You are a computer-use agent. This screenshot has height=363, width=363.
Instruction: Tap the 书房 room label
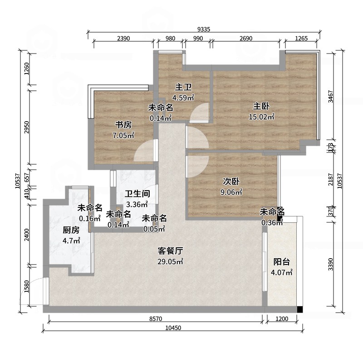pos(123,125)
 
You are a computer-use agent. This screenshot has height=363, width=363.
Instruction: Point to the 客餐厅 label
pos(170,251)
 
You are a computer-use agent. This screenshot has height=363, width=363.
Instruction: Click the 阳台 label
pos(281,262)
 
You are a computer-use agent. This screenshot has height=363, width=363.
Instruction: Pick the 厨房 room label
pos(71,230)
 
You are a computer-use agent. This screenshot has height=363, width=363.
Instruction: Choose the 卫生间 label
pos(137,194)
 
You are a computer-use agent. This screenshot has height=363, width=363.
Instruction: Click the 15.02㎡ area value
pos(261,117)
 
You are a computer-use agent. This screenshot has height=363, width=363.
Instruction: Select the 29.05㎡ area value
pos(170,262)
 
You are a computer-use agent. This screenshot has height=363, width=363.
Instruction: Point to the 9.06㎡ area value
pos(231,192)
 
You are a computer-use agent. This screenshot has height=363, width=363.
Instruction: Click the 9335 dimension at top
pos(204,29)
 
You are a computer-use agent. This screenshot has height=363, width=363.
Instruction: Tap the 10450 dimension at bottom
pos(173,328)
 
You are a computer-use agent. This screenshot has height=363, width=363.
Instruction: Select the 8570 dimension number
pos(156,319)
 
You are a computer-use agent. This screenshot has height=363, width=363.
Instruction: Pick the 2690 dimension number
pos(246,39)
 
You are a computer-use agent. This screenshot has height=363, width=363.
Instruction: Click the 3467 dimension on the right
pos(331,96)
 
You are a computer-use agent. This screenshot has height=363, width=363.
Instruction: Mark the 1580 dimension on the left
pos(27,286)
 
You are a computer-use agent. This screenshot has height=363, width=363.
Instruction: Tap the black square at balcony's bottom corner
pos(300,309)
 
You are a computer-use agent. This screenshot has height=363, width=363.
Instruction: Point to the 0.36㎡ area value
pos(272,223)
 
